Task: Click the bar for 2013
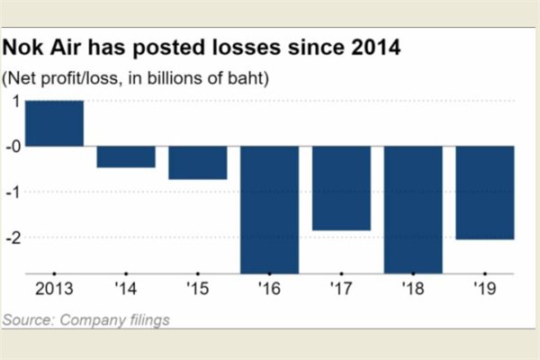click(54, 123)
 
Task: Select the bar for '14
click(126, 157)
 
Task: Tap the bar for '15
click(197, 163)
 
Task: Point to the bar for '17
click(341, 188)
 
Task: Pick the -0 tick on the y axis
click(13, 146)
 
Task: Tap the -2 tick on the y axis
click(13, 238)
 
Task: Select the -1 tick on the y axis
click(13, 193)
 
